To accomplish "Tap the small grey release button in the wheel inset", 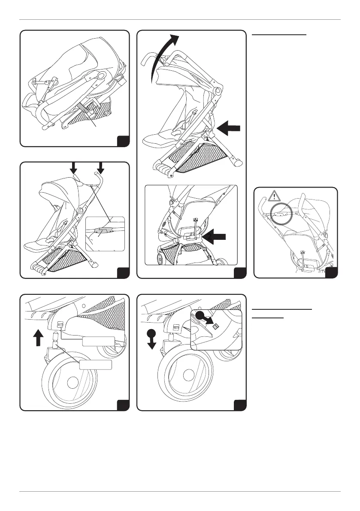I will click(x=216, y=327).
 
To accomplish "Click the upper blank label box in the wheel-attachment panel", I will click(x=97, y=342).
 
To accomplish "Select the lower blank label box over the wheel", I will click(x=96, y=365).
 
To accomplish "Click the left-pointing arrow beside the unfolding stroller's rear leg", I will click(x=230, y=128).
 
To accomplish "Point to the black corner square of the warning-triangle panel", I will click(x=332, y=272).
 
